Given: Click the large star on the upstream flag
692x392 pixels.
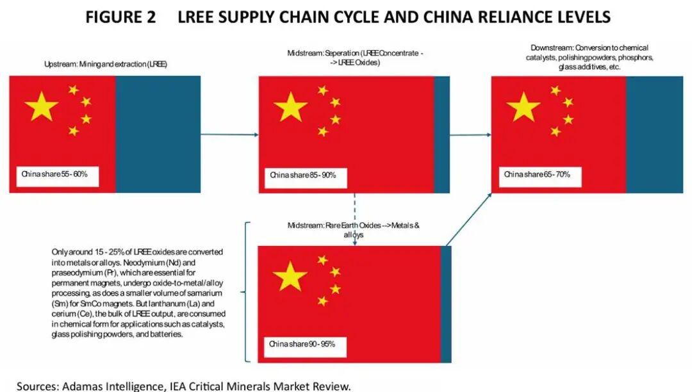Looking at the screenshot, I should click(x=42, y=106).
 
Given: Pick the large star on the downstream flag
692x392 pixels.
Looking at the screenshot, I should click(x=523, y=106).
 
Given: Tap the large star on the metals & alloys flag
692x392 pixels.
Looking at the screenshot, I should click(x=290, y=276).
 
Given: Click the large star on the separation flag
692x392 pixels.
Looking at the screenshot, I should click(x=291, y=106).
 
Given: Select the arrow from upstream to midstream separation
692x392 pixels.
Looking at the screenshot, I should click(x=229, y=135).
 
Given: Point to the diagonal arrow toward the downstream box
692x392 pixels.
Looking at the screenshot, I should click(x=468, y=218).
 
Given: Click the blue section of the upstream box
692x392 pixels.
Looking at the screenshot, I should click(x=158, y=134).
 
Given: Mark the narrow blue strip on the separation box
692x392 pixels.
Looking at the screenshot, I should click(x=442, y=135).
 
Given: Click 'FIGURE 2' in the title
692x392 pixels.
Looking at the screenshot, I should click(x=120, y=17).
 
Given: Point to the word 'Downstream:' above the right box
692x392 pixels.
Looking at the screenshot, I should click(x=551, y=48).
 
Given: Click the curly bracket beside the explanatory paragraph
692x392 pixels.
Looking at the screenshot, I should click(x=245, y=292).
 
